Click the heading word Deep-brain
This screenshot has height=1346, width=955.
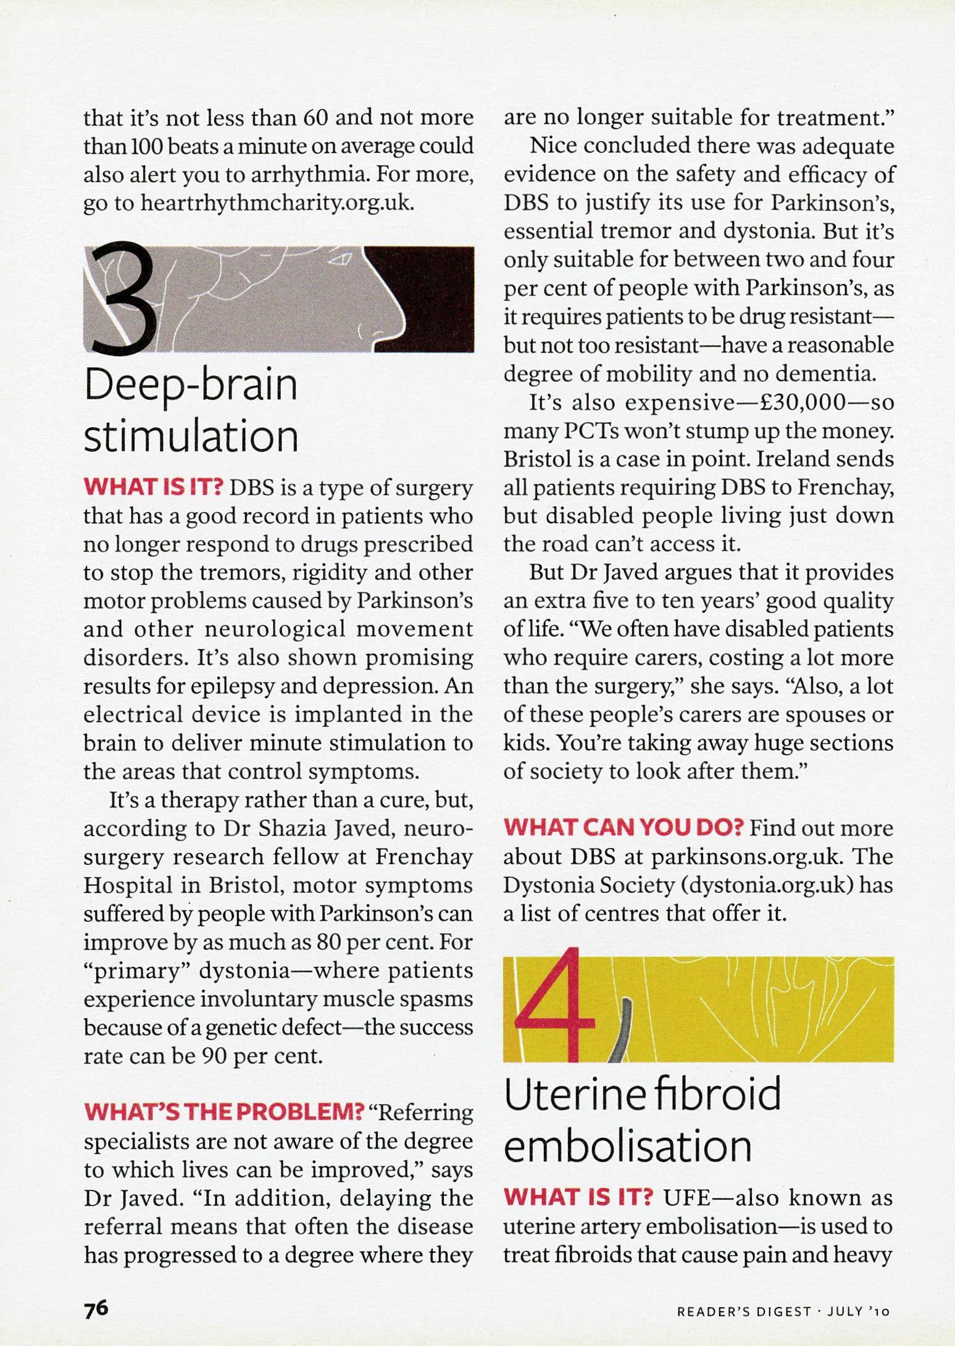(191, 386)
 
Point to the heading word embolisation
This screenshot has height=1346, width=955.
(627, 1147)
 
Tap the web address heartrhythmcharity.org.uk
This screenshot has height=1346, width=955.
(276, 203)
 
